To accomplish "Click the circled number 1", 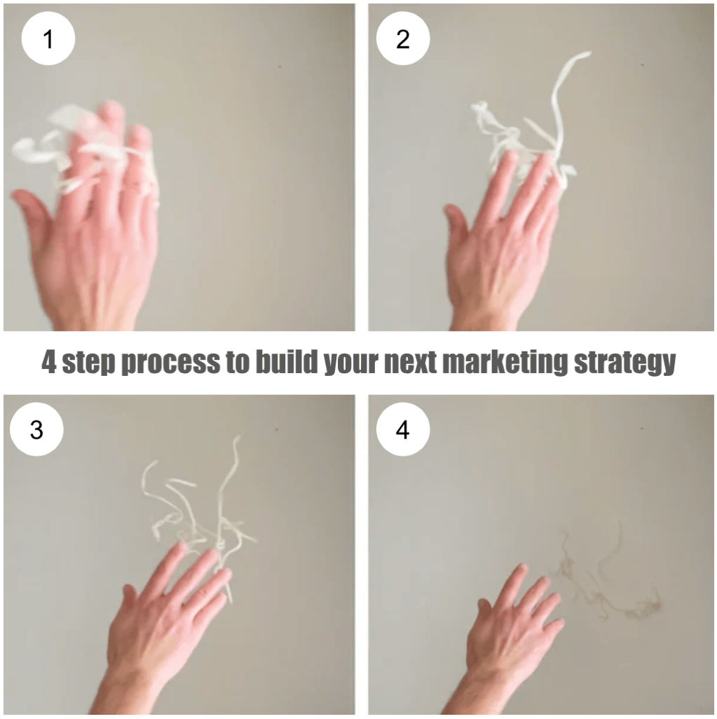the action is pos(48,39).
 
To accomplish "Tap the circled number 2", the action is pos(403,39).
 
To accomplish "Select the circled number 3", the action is pos(36,429).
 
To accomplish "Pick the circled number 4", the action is pos(403,429).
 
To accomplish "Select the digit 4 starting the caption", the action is pos(49,362).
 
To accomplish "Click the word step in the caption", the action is pos(88,363).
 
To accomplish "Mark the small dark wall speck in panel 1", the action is pos(280,67).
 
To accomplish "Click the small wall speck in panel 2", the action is pos(642,65).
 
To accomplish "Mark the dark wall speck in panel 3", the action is pos(277,430).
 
